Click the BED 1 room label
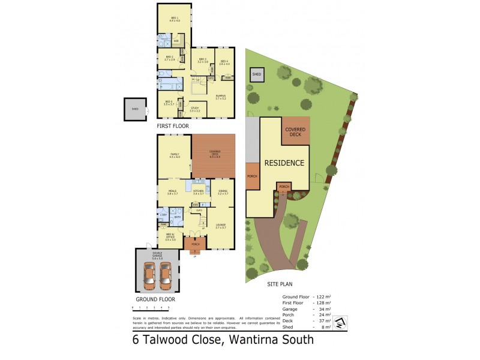[x=175, y=19]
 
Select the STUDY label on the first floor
[x=194, y=109]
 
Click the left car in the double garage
[x=150, y=274]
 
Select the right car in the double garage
[x=166, y=274]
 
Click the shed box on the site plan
[x=257, y=74]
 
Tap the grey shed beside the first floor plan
[x=135, y=109]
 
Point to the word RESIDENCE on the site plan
[x=284, y=163]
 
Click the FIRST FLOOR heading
[x=173, y=127]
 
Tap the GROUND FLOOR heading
[x=155, y=298]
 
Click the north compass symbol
[x=341, y=322]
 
